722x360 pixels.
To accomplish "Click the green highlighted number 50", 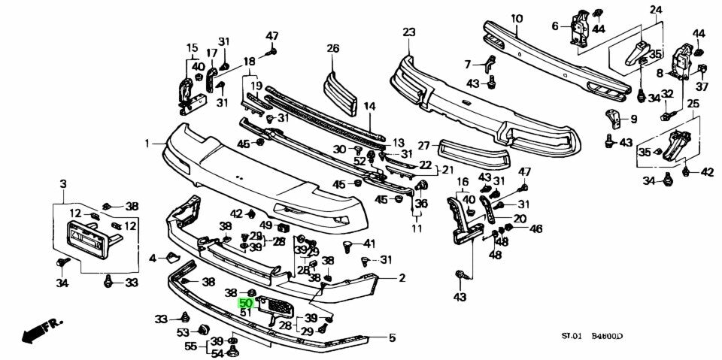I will tap(245, 303).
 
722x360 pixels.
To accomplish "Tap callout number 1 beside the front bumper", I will tap(148, 141).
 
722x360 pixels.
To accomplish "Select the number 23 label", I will tap(408, 32).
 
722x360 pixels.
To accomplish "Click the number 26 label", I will tap(333, 49).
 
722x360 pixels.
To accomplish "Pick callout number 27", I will tap(423, 145).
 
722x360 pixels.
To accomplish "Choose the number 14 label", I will tap(369, 107).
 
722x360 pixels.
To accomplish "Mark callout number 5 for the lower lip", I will tap(391, 337).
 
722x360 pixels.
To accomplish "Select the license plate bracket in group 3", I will tap(91, 239).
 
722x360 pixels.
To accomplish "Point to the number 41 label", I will tap(369, 244).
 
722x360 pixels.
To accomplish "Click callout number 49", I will tap(265, 225).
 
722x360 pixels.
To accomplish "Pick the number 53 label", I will tap(183, 331).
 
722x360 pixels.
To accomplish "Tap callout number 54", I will tap(217, 353).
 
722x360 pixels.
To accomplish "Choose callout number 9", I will tap(633, 118).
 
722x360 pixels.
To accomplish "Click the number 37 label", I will tap(703, 84).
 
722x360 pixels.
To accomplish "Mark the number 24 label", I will tap(656, 10).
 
